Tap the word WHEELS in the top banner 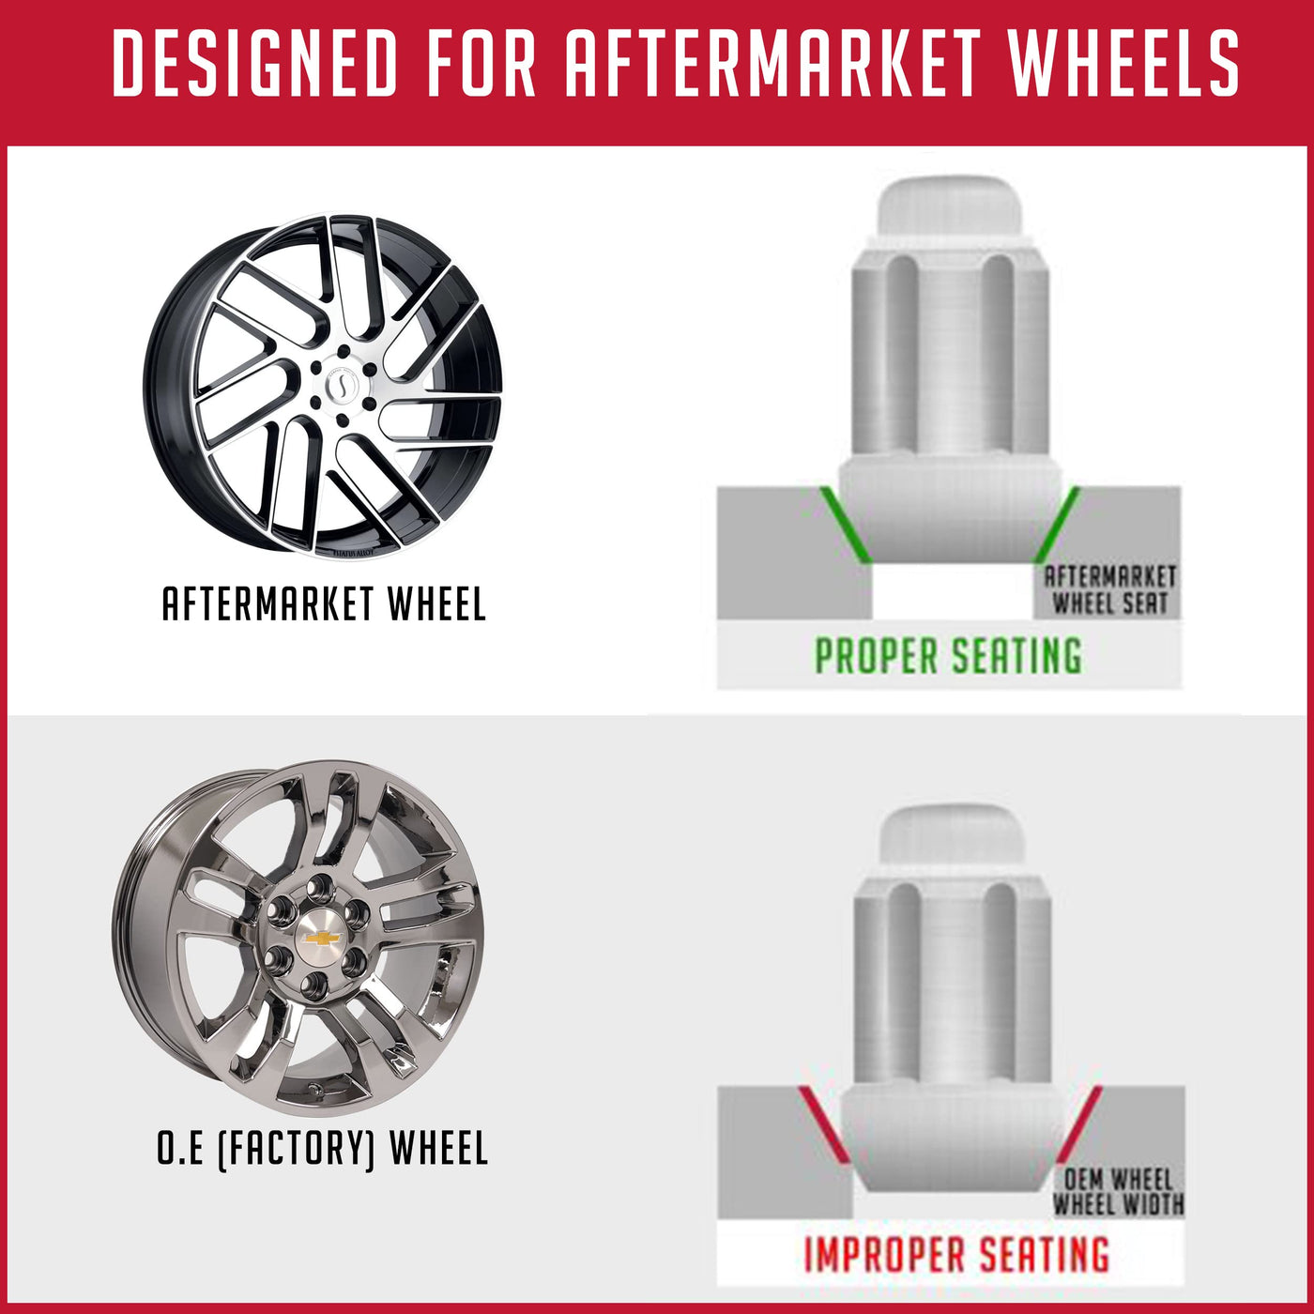1123,64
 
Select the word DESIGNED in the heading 255,64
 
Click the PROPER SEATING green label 948,655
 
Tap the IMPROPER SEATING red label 956,1255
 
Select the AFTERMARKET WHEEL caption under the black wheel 324,604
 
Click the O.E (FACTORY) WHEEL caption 322,1148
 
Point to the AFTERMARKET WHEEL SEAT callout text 1110,589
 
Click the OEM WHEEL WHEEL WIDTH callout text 1118,1191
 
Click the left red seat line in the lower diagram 822,1123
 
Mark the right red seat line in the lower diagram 1079,1123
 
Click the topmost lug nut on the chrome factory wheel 320,886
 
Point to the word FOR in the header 480,64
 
